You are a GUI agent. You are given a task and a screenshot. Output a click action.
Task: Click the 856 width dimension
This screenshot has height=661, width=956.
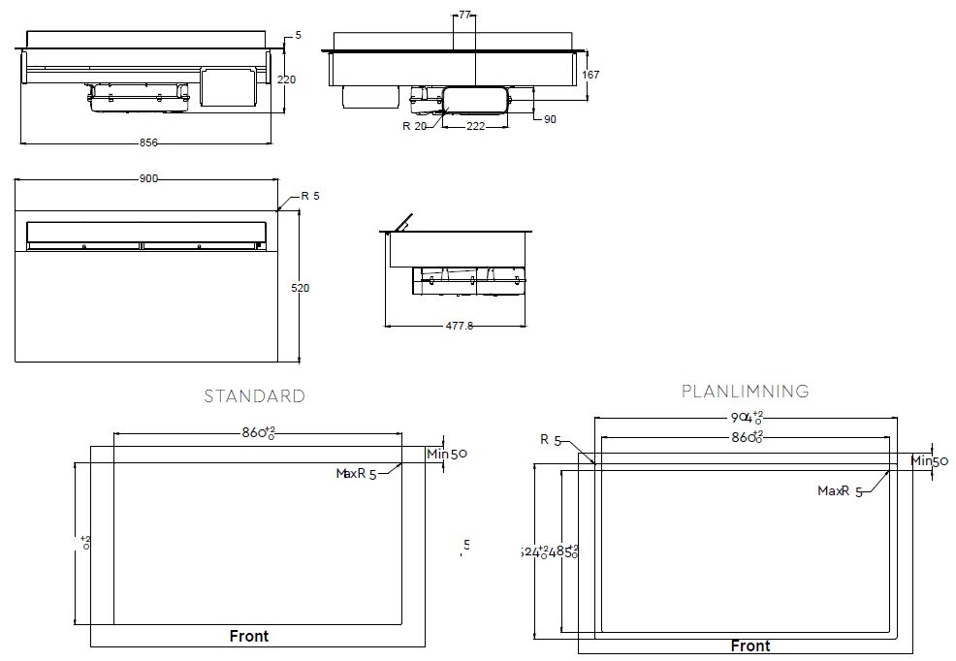pos(148,142)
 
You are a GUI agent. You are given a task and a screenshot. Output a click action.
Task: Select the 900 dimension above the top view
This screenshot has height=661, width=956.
pos(148,178)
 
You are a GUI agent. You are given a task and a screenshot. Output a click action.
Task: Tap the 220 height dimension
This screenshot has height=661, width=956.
pos(286,79)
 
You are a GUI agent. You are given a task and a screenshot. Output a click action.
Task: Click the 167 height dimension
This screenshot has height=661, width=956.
pos(590,75)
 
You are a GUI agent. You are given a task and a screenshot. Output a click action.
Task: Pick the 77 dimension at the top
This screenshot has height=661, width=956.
pos(464,16)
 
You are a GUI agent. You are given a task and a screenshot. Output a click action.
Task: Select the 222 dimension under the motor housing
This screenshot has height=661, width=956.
pos(475,127)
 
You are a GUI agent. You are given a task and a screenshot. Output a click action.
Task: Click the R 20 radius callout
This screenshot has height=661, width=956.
pos(414,126)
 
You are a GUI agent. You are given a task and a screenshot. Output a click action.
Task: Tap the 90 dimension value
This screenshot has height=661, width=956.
pos(550,119)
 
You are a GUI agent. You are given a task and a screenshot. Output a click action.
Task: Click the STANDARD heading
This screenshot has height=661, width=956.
pos(254,396)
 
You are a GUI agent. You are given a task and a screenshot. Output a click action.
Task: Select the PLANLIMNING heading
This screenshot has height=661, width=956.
pos(745,392)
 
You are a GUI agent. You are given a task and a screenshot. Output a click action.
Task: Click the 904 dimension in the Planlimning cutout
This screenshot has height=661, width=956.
pos(745,417)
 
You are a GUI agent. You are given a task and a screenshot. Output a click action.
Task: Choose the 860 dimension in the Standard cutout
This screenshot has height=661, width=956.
pos(257,433)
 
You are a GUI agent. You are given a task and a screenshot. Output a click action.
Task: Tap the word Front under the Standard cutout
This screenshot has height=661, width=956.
pos(249,637)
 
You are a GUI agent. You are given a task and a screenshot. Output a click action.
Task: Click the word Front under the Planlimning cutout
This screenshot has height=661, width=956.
pos(750,645)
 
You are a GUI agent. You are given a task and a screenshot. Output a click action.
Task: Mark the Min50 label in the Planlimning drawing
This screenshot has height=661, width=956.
pos(929,461)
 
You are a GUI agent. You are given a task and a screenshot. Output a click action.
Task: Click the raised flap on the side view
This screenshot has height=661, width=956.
pos(401,222)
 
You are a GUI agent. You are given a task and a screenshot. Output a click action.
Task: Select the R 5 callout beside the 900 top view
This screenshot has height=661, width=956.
pos(309,196)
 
